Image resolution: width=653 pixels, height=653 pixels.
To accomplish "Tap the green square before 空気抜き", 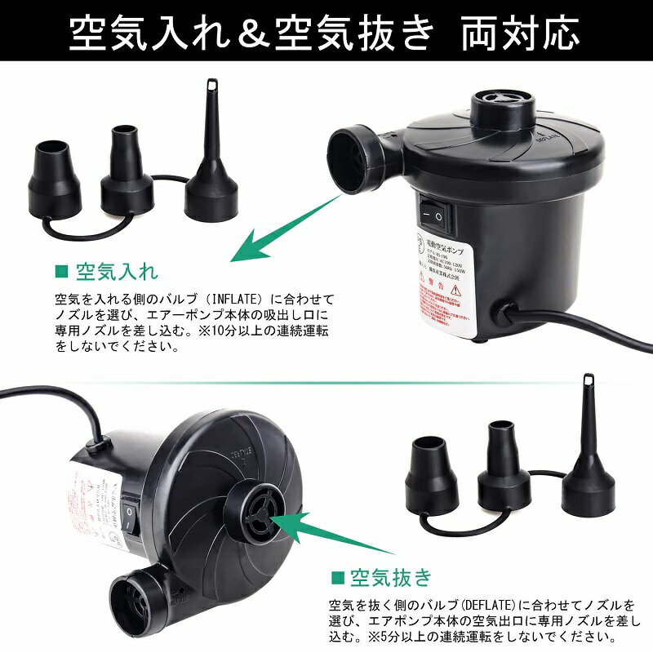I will [x=336, y=579].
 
